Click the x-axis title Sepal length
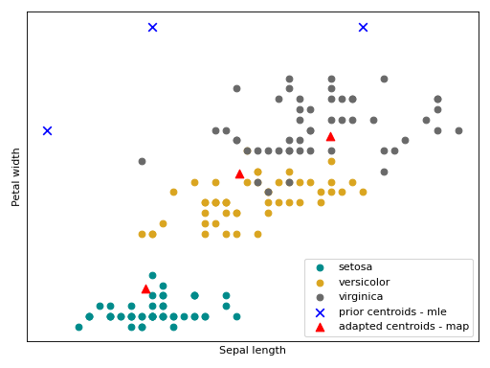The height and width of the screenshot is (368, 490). (x=252, y=351)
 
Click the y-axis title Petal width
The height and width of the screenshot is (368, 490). (x=16, y=176)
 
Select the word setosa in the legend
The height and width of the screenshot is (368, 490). (x=355, y=266)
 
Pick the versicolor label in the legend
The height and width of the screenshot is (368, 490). (x=364, y=282)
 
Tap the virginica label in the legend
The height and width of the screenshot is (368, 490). (x=360, y=297)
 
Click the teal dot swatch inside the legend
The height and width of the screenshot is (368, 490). (x=320, y=267)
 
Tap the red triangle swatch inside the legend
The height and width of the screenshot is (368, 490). (x=320, y=327)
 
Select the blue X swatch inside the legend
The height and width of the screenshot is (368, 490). (x=320, y=312)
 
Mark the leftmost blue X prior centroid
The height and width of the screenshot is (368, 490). (x=47, y=130)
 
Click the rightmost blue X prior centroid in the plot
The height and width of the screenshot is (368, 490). (x=363, y=27)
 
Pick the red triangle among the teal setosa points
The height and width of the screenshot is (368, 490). (x=146, y=288)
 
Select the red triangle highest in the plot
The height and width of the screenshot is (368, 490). (x=330, y=136)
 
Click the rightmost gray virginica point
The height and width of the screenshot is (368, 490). (x=458, y=130)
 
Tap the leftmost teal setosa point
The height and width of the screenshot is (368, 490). (x=78, y=327)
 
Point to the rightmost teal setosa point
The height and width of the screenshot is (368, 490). (x=236, y=316)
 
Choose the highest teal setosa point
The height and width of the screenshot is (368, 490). (x=152, y=275)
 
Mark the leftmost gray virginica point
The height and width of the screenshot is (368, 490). (x=142, y=161)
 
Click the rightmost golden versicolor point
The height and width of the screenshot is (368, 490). (x=363, y=192)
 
